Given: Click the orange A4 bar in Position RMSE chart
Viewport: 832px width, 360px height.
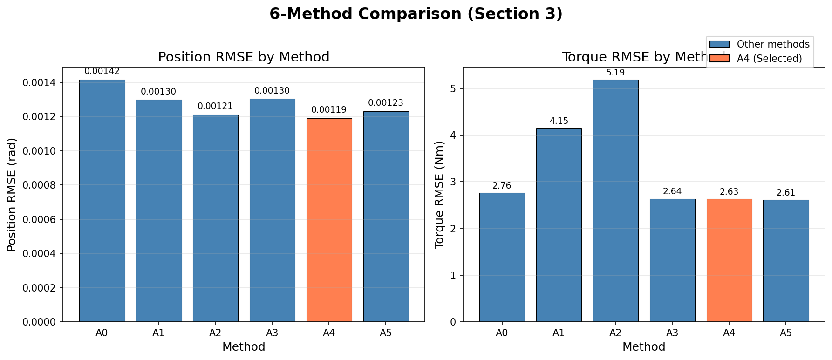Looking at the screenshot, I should pos(329,220).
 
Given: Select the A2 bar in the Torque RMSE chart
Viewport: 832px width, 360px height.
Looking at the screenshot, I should pos(615,200).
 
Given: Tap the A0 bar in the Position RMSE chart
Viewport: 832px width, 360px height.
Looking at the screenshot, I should pos(102,200).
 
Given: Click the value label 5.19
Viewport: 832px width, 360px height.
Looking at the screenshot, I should pos(615,73).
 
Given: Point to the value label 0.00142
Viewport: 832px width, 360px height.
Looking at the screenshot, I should pos(102,71).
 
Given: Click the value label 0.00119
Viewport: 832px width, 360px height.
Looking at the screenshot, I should pos(329,110).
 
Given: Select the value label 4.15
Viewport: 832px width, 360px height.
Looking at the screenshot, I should pos(559,121).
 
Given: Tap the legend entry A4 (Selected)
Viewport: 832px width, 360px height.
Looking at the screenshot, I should pos(769,58).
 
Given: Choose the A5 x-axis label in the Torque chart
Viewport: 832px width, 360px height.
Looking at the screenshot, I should pos(786,333).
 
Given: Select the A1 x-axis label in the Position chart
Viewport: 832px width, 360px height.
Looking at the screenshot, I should pos(158,333).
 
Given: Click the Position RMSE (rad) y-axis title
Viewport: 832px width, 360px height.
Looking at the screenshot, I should pos(12,194).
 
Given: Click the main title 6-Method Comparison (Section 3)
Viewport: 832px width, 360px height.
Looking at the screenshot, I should pos(416,14).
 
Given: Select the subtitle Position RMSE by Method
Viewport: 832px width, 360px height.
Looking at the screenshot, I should pos(244,57).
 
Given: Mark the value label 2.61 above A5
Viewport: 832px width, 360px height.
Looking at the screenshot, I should pos(786,193).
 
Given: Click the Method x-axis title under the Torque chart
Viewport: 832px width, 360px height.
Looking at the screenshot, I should pos(643,347).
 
